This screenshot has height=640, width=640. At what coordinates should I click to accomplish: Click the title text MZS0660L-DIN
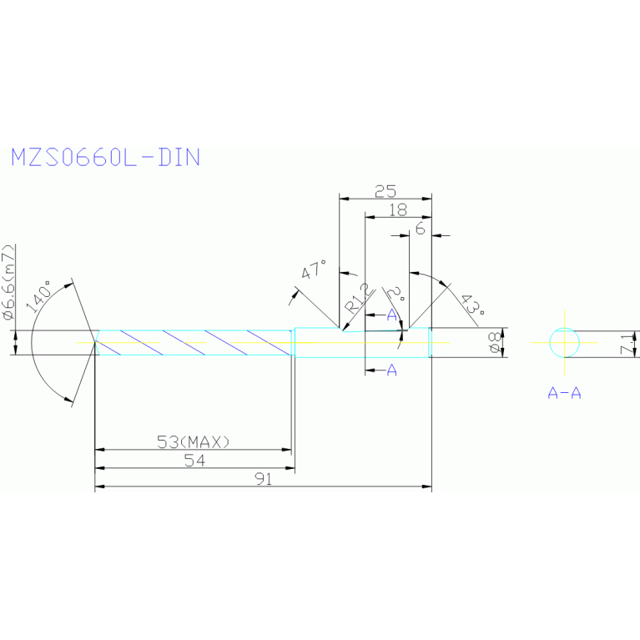[x=105, y=157]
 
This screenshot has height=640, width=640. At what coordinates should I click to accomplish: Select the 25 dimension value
[x=385, y=191]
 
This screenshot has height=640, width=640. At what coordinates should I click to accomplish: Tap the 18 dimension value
[x=398, y=210]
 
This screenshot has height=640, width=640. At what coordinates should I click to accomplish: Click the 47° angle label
[x=315, y=271]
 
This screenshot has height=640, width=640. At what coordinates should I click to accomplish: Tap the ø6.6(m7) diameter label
[x=8, y=283]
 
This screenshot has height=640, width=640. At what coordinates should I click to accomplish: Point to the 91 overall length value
[x=265, y=480]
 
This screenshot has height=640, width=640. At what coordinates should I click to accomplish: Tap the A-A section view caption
[x=564, y=393]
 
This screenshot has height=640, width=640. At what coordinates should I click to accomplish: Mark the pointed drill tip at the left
[x=94, y=342]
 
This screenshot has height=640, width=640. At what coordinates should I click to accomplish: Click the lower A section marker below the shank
[x=391, y=370]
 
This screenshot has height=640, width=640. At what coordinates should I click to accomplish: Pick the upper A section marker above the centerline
[x=391, y=314]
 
